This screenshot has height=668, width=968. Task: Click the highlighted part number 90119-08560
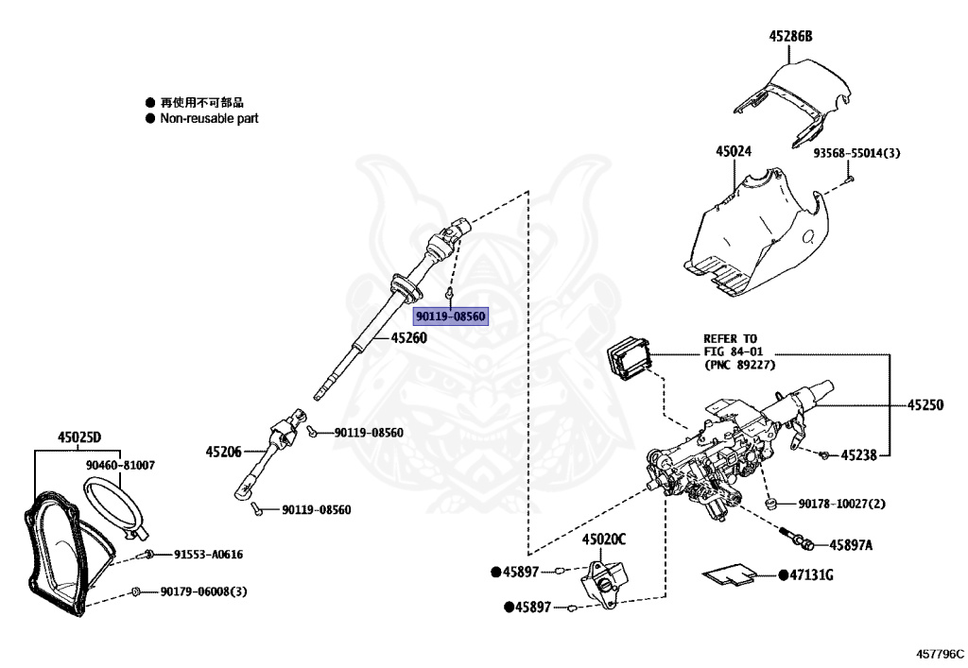pos(451,315)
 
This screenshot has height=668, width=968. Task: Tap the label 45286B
pos(790,37)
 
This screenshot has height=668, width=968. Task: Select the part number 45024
pos(734,151)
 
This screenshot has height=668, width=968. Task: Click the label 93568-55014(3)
pos(856,152)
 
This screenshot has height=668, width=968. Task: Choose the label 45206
pos(224,452)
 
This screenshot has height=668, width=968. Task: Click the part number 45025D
pos(78,437)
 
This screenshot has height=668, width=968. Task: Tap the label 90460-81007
pos(120,465)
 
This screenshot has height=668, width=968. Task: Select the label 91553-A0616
pos(207,555)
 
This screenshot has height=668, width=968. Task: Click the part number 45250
pos(925,404)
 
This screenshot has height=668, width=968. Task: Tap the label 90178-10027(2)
pos(842,504)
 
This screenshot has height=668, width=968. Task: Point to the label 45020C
pos(603,540)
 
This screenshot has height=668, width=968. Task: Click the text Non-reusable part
pos(208,118)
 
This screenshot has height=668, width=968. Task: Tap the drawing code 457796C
pos(939,652)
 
